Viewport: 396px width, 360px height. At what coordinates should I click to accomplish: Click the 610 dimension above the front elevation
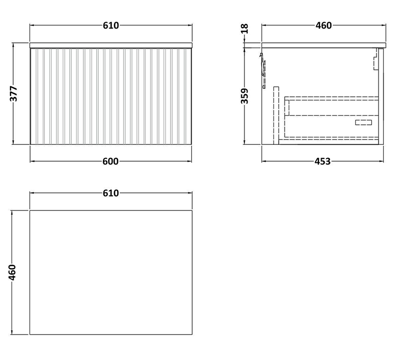[x=110, y=25]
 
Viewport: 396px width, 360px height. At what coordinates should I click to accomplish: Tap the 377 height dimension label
[x=14, y=94]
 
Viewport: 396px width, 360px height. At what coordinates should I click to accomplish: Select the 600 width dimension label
[x=110, y=161]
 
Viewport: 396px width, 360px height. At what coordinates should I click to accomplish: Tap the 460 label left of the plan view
[x=14, y=273]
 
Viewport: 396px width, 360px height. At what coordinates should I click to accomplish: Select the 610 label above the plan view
[x=110, y=193]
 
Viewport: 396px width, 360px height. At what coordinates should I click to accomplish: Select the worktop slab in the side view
[x=322, y=45]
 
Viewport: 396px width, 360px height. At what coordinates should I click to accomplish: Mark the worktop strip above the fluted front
[x=110, y=45]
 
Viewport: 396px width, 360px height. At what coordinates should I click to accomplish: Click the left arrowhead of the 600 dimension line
[x=31, y=161]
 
